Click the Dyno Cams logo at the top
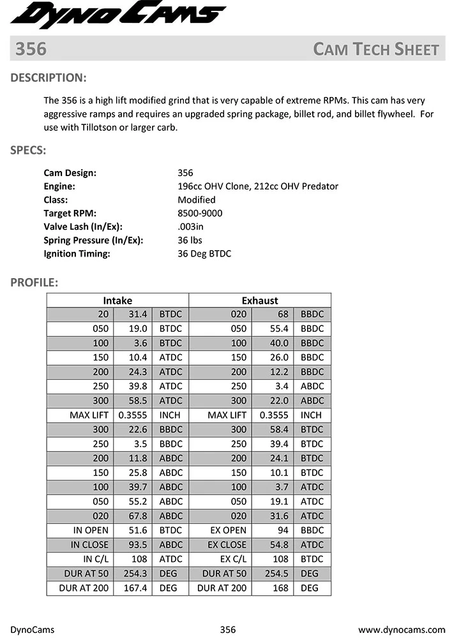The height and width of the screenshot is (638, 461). click(118, 15)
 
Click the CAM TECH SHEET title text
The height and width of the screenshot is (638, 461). click(376, 50)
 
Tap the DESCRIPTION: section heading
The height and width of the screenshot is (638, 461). click(49, 78)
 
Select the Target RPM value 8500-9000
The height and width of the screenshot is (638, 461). click(200, 213)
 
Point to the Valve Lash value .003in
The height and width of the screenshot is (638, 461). click(190, 226)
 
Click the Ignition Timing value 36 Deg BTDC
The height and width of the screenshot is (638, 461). click(204, 253)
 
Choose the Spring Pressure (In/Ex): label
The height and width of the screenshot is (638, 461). click(93, 240)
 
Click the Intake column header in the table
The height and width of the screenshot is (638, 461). click(117, 300)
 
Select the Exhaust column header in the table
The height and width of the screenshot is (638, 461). click(260, 300)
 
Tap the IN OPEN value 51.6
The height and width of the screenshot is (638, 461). click(138, 530)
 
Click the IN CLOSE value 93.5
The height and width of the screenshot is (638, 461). click(138, 545)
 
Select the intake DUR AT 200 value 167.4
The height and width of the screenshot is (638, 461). click(135, 588)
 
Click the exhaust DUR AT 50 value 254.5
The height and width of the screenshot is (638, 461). click(275, 574)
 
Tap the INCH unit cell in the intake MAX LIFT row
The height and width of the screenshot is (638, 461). click(170, 415)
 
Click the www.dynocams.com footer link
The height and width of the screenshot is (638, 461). click(402, 630)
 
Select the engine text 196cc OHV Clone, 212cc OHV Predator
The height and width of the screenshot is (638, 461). click(257, 186)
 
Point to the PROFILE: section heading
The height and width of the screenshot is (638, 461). click(34, 282)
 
